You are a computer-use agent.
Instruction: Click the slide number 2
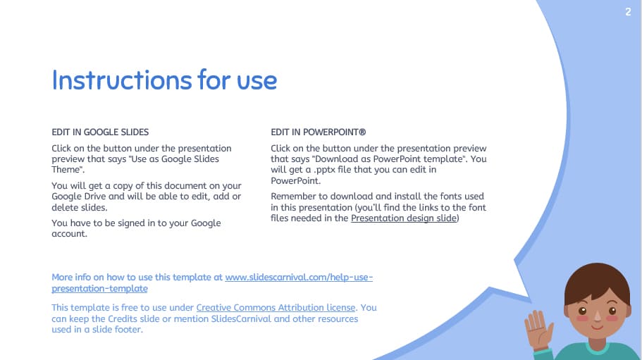(x=627, y=11)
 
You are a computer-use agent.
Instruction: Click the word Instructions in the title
(x=112, y=80)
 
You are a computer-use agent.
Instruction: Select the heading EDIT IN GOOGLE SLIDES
(x=100, y=132)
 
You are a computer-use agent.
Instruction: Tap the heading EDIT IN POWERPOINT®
(x=318, y=132)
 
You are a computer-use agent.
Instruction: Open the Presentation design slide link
(x=405, y=218)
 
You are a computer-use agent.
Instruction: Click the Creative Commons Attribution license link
(x=276, y=308)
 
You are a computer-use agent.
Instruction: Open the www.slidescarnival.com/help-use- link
(x=299, y=278)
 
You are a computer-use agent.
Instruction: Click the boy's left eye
(x=583, y=310)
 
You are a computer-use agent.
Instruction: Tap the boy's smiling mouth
(x=596, y=326)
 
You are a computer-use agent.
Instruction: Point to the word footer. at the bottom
(x=128, y=330)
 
